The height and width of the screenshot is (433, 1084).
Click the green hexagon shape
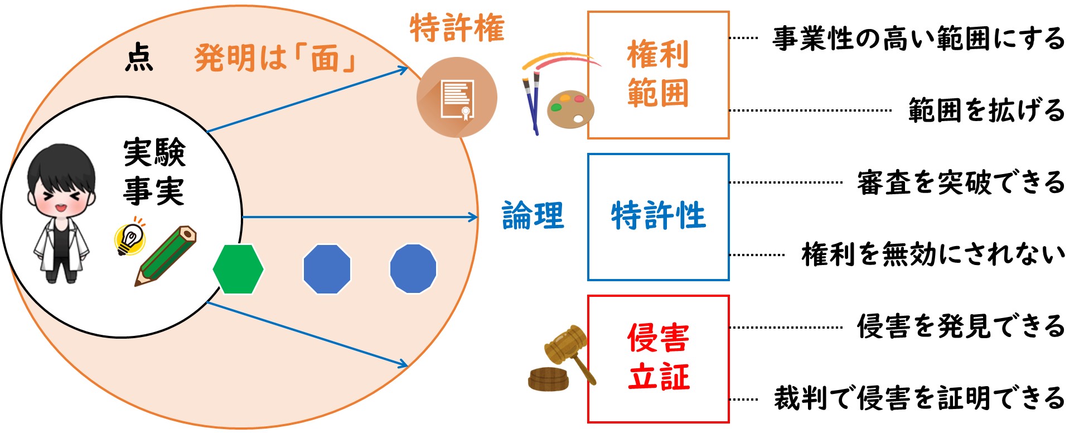pyautogui.click(x=238, y=269)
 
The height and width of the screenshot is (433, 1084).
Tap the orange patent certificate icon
pyautogui.click(x=457, y=97)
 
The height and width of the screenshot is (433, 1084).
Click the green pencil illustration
pyautogui.click(x=166, y=256)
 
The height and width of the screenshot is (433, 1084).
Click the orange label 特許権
pyautogui.click(x=457, y=28)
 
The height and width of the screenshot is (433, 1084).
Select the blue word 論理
pyautogui.click(x=533, y=216)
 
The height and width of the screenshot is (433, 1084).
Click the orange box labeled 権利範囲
pyautogui.click(x=659, y=75)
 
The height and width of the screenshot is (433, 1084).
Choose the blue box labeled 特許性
pyautogui.click(x=659, y=216)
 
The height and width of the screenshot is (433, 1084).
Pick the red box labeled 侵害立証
pyautogui.click(x=659, y=359)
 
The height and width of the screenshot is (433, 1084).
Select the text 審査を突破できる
pyautogui.click(x=961, y=182)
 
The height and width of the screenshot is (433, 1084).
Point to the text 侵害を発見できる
pyautogui.click(x=961, y=326)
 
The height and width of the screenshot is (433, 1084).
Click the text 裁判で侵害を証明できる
pyautogui.click(x=920, y=398)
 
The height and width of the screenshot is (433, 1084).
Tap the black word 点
pyautogui.click(x=139, y=59)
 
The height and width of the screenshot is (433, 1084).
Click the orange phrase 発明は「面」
pyautogui.click(x=275, y=59)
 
